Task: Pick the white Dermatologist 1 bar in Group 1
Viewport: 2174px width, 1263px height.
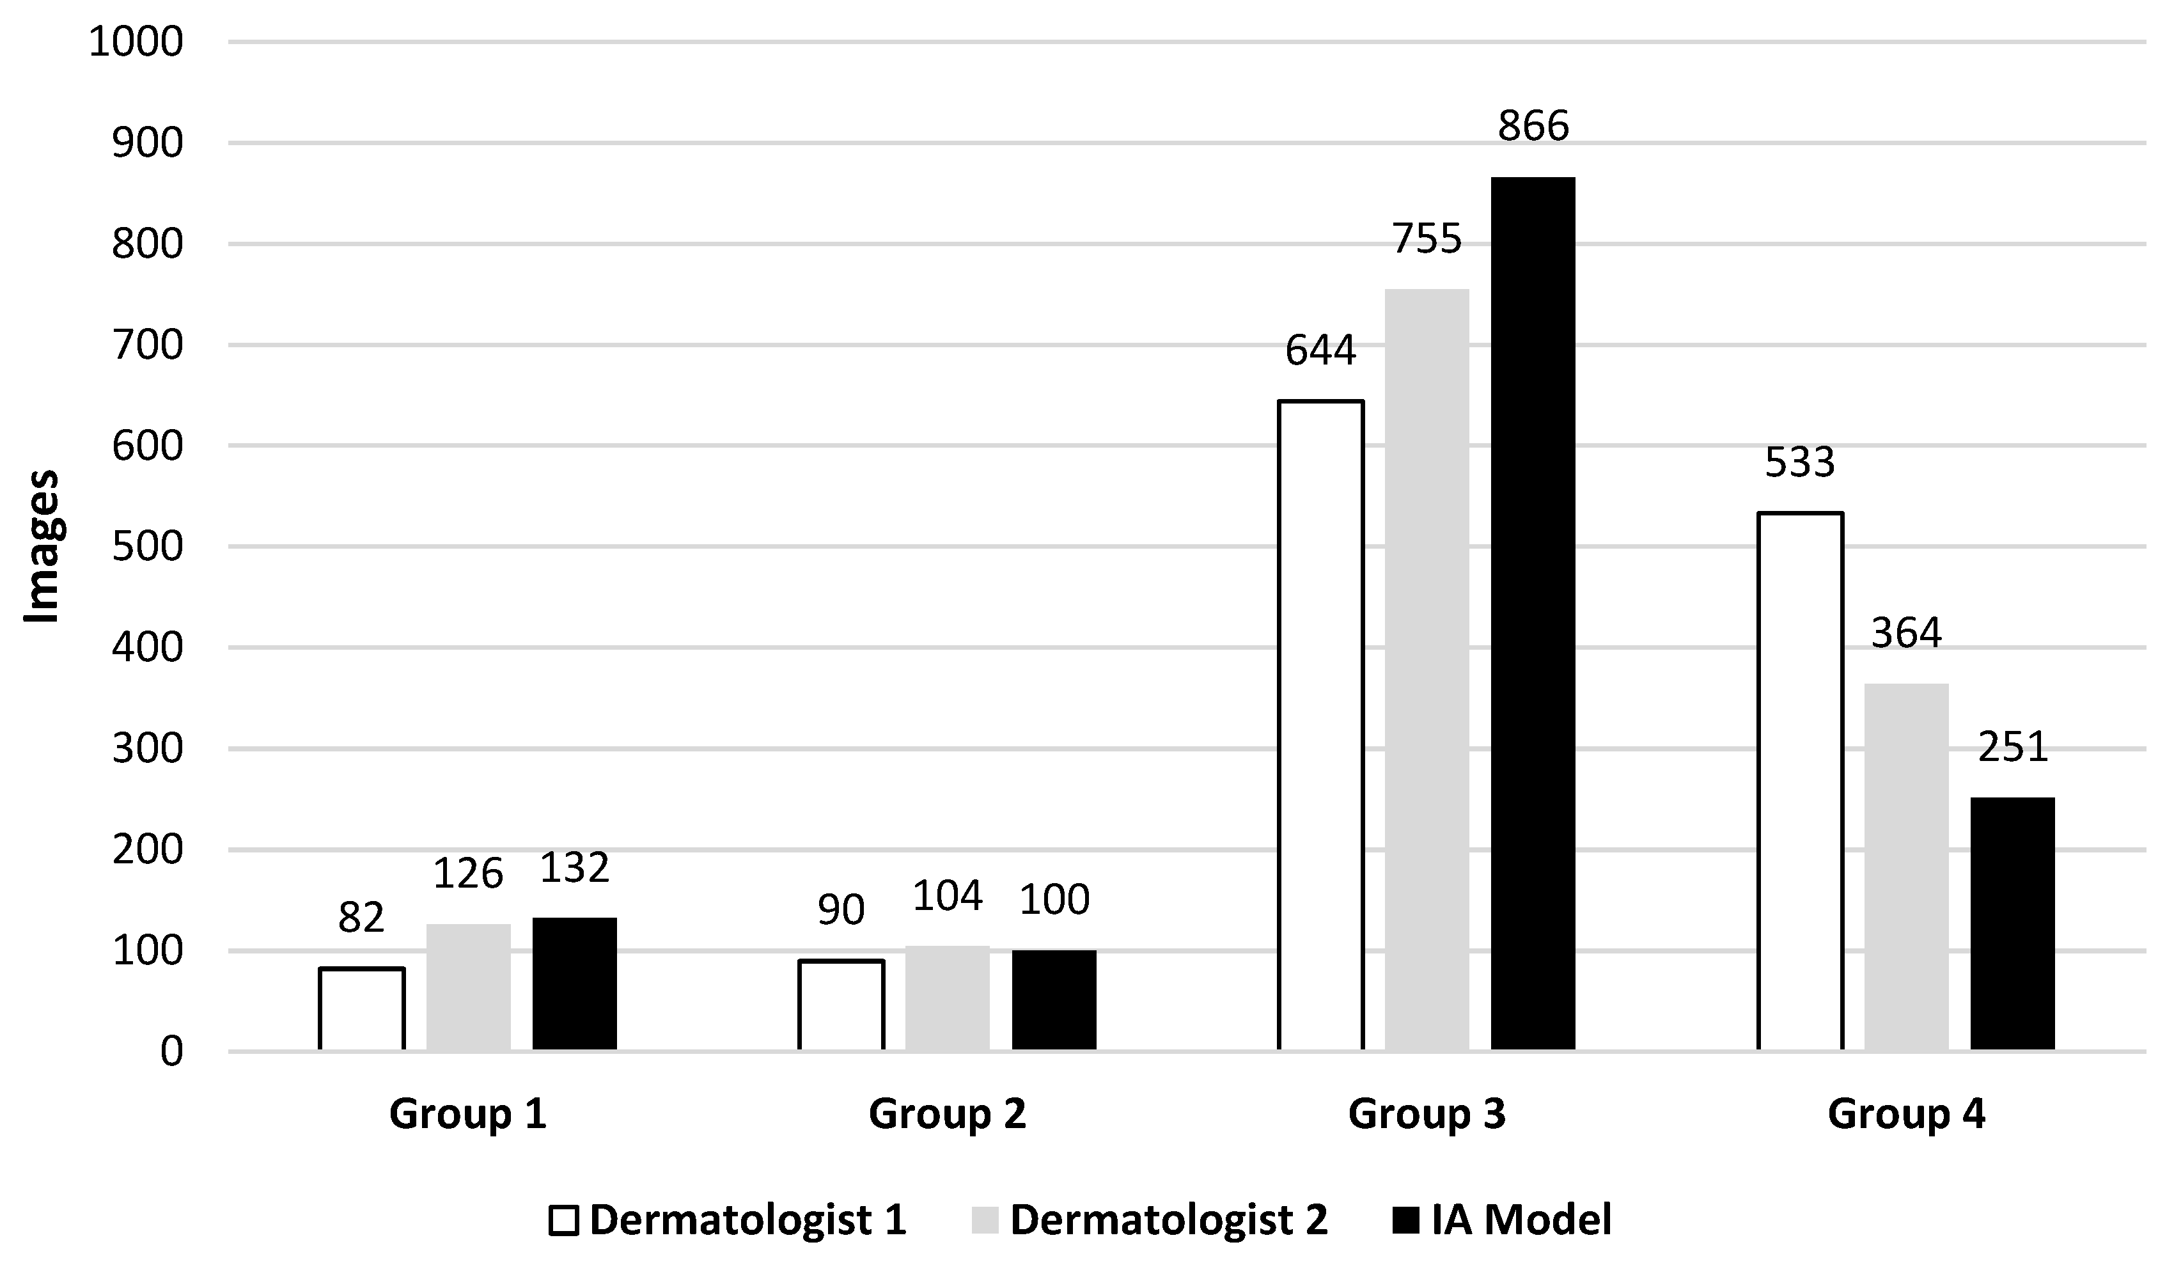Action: (x=361, y=1008)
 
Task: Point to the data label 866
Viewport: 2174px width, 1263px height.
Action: (x=1533, y=127)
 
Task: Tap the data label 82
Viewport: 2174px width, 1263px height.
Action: (x=361, y=918)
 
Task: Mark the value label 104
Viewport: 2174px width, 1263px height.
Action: (x=947, y=897)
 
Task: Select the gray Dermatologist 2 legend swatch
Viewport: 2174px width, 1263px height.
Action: (x=984, y=1221)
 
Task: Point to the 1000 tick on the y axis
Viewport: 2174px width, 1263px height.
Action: (x=136, y=42)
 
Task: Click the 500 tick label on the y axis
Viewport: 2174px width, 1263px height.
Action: (x=148, y=547)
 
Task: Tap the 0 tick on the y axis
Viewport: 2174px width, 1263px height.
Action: (x=171, y=1053)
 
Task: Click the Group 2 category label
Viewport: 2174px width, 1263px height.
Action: (x=947, y=1114)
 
